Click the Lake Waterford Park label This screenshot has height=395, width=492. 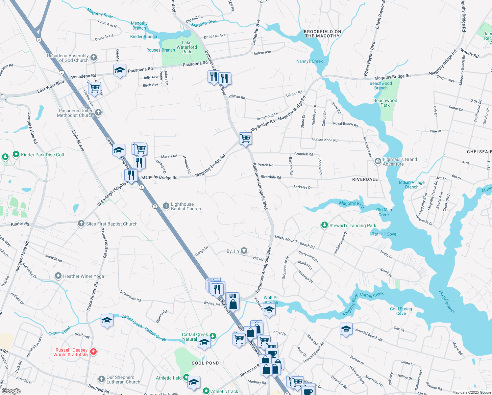pyautogui.click(x=186, y=47)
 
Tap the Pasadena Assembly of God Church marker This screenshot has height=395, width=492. pyautogui.click(x=94, y=58)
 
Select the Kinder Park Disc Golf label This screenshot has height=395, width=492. pyautogui.click(x=43, y=155)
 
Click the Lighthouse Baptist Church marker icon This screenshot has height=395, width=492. pyautogui.click(x=166, y=206)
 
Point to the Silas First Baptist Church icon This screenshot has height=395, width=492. pyautogui.click(x=81, y=224)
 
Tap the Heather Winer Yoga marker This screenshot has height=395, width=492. pyautogui.click(x=58, y=276)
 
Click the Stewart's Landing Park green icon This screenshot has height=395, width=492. pyautogui.click(x=325, y=225)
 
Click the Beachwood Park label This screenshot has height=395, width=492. pyautogui.click(x=385, y=103)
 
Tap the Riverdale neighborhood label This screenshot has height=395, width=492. pyautogui.click(x=365, y=179)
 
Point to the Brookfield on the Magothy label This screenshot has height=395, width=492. pyautogui.click(x=322, y=34)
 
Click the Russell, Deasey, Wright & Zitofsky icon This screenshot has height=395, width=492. pyautogui.click(x=93, y=352)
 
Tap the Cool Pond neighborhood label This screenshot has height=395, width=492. pyautogui.click(x=205, y=363)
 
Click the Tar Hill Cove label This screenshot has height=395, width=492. pyautogui.click(x=384, y=234)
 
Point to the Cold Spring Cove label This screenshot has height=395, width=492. pyautogui.click(x=401, y=311)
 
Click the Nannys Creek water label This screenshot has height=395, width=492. pyautogui.click(x=309, y=61)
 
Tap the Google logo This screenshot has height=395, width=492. pyautogui.click(x=11, y=391)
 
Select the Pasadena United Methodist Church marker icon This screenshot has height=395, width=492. pyautogui.click(x=98, y=113)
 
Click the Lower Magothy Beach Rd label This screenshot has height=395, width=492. pyautogui.click(x=295, y=242)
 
